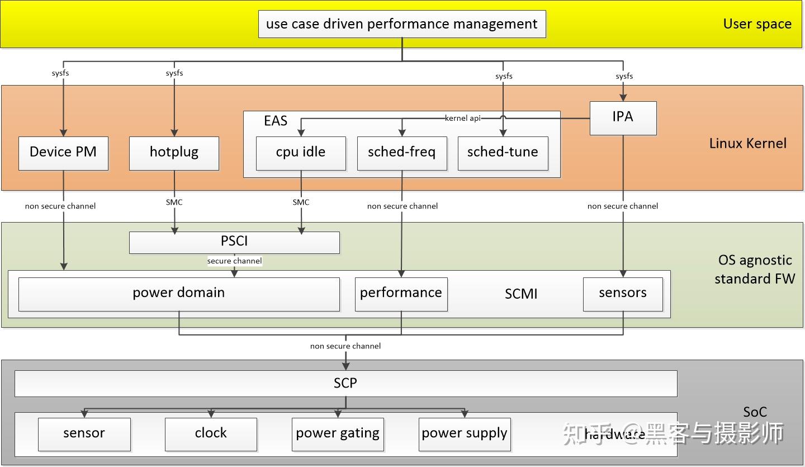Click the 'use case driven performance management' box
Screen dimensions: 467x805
tap(401, 24)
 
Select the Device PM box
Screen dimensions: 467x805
tap(63, 153)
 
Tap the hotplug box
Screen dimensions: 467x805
tap(174, 153)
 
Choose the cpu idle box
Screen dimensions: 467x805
tap(301, 153)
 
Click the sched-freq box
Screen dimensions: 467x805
tap(401, 153)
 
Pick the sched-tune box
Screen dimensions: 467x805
tap(503, 153)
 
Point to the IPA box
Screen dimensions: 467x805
tap(623, 117)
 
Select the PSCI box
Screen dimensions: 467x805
tap(234, 242)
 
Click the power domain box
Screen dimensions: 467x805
tap(179, 294)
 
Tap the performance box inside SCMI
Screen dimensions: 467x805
tap(401, 294)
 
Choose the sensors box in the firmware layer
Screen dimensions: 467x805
tap(623, 294)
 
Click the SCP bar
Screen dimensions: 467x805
tap(345, 384)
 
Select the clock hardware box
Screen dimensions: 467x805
tap(211, 434)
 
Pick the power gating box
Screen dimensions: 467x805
tap(338, 434)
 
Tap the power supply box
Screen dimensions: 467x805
tap(465, 434)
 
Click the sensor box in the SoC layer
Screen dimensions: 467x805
tap(84, 434)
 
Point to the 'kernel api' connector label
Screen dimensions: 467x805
tap(462, 118)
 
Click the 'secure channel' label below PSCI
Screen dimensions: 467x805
tap(234, 261)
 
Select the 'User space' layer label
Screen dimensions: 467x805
tap(757, 24)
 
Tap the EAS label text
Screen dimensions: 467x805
tap(276, 121)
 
